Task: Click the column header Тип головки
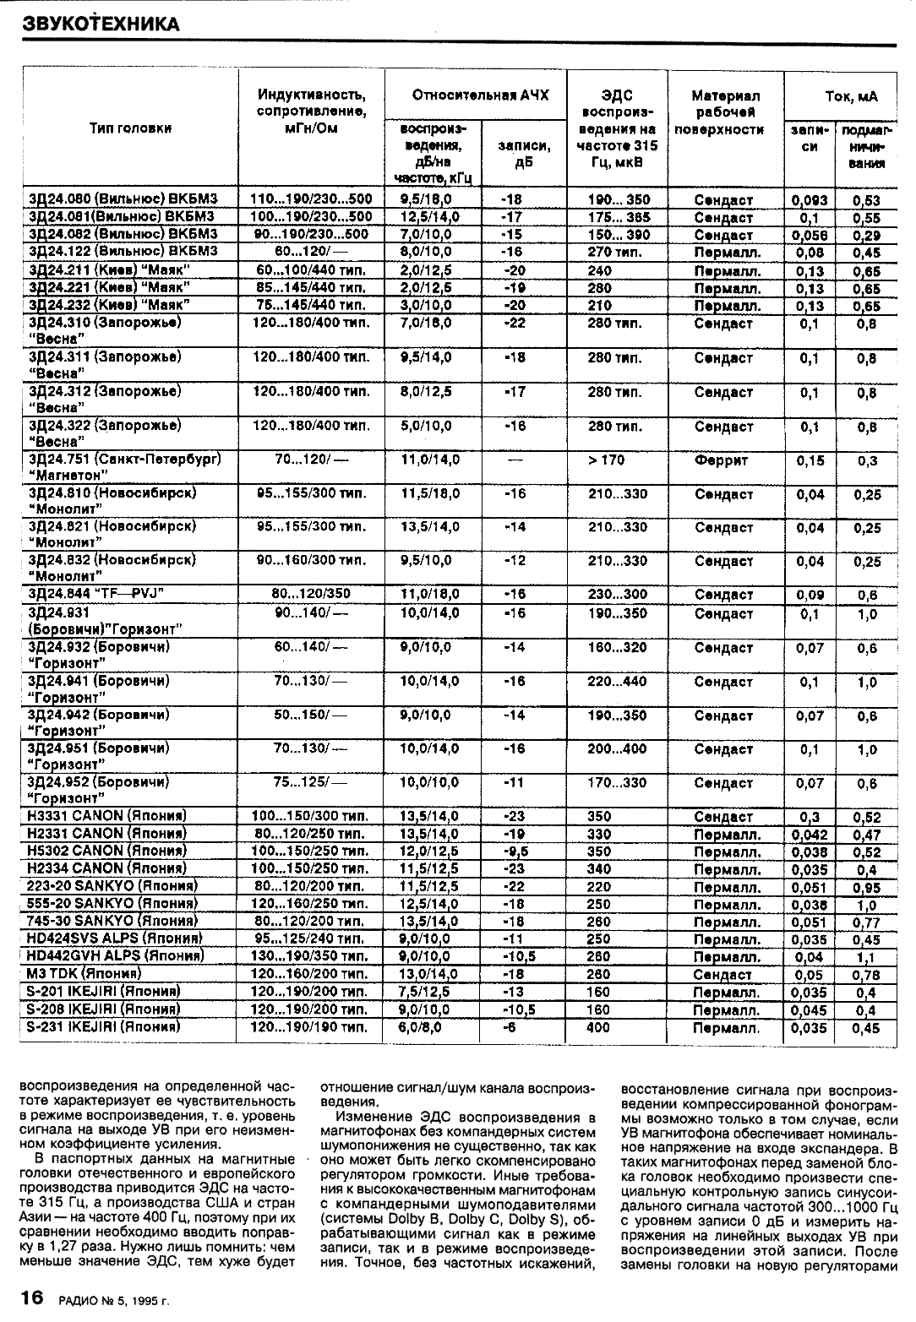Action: pos(130,128)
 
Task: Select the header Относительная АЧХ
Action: pos(480,95)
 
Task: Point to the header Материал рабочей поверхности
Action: pos(726,112)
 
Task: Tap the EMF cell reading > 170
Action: pos(607,460)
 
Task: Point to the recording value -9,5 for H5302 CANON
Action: pos(513,851)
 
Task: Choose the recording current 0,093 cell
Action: pos(810,201)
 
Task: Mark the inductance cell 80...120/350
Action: pos(311,594)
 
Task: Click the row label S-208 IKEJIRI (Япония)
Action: pos(107,1009)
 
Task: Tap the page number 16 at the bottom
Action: pos(32,1298)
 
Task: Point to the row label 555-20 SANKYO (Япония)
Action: pos(112,904)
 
